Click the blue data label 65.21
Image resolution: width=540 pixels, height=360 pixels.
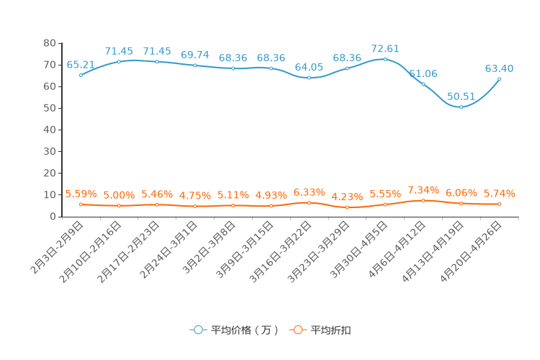point(81,65)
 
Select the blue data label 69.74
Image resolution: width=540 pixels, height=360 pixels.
point(195,55)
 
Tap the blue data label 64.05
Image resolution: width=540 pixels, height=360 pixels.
point(309,67)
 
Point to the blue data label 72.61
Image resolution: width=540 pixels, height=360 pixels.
point(385,49)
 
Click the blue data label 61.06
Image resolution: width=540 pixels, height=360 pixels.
point(423,73)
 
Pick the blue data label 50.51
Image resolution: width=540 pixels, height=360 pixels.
point(462,96)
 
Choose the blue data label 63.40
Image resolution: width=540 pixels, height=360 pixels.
point(499,68)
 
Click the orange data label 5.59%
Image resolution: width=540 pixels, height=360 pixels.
point(81,194)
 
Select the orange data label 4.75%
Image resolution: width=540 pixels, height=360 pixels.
point(195,195)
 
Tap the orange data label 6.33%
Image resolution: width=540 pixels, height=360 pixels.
point(309,192)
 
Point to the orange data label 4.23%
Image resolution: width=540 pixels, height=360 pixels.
point(347,197)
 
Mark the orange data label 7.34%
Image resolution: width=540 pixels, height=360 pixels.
point(423,189)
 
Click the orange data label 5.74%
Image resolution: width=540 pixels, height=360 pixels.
point(499,193)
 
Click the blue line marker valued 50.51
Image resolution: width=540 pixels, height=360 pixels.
point(461,107)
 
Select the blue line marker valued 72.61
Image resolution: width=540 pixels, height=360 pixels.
point(385,59)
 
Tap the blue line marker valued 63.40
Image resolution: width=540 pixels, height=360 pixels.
point(499,79)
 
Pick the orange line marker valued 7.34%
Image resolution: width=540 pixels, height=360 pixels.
point(423,200)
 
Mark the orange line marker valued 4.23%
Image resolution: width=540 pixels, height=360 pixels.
point(347,207)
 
